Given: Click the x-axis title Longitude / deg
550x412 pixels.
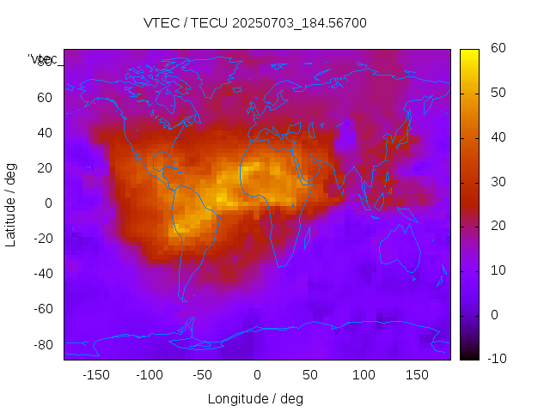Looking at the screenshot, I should point(255,398).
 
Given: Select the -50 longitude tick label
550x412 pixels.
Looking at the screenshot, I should point(203,375).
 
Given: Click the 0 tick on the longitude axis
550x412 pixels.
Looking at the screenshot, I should point(256,375).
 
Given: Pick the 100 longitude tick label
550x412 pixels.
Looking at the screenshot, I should point(364,375).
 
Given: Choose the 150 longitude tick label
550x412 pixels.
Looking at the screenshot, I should point(417,375).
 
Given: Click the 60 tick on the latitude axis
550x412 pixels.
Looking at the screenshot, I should point(45,98).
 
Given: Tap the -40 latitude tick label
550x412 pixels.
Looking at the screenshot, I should point(41,274).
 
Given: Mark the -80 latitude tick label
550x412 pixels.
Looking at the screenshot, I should point(41,344).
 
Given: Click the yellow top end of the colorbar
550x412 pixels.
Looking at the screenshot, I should point(469,52).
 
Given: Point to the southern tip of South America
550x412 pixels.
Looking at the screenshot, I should point(183,299).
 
